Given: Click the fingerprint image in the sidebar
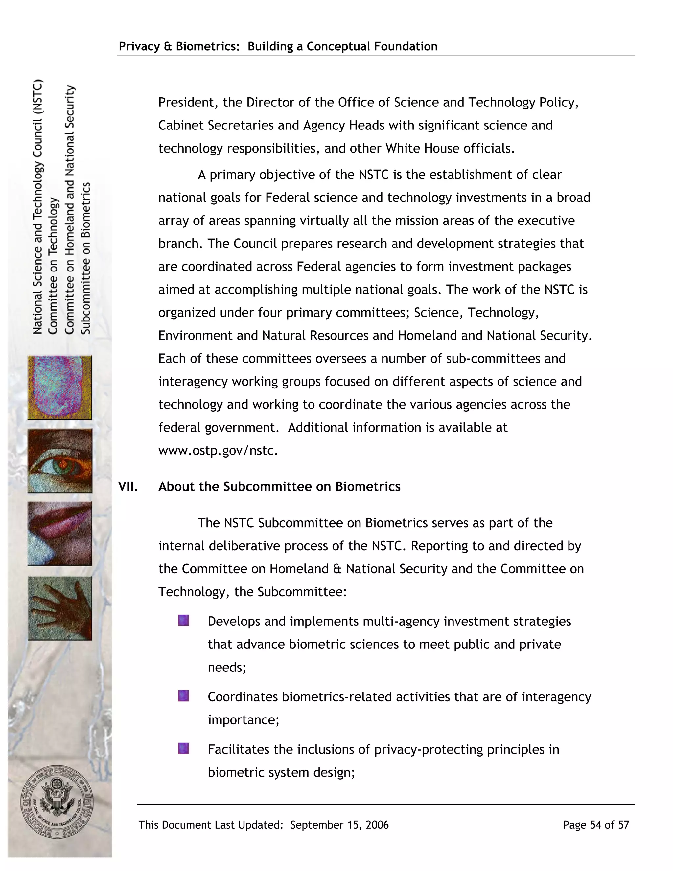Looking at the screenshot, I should coord(60,388).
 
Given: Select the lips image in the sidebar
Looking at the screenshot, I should coord(60,533).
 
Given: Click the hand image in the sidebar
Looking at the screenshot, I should coord(60,608).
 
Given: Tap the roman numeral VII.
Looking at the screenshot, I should coord(128,486).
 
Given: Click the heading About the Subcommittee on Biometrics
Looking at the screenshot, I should coord(279,486).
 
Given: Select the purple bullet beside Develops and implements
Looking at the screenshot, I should coord(183,620).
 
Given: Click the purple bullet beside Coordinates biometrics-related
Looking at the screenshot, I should coord(183,696).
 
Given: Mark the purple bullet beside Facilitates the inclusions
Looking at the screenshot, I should coord(183,748).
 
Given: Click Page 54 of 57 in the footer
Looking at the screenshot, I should coord(596,825).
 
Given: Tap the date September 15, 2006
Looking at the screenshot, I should coord(339,825).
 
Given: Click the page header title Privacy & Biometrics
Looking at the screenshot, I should coord(278,46).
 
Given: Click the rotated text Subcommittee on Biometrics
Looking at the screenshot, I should coord(86,258).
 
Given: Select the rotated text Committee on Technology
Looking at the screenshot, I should coord(53,266).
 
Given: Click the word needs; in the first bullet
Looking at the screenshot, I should coord(227,667).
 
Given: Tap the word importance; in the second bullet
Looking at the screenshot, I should coord(243,720).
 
